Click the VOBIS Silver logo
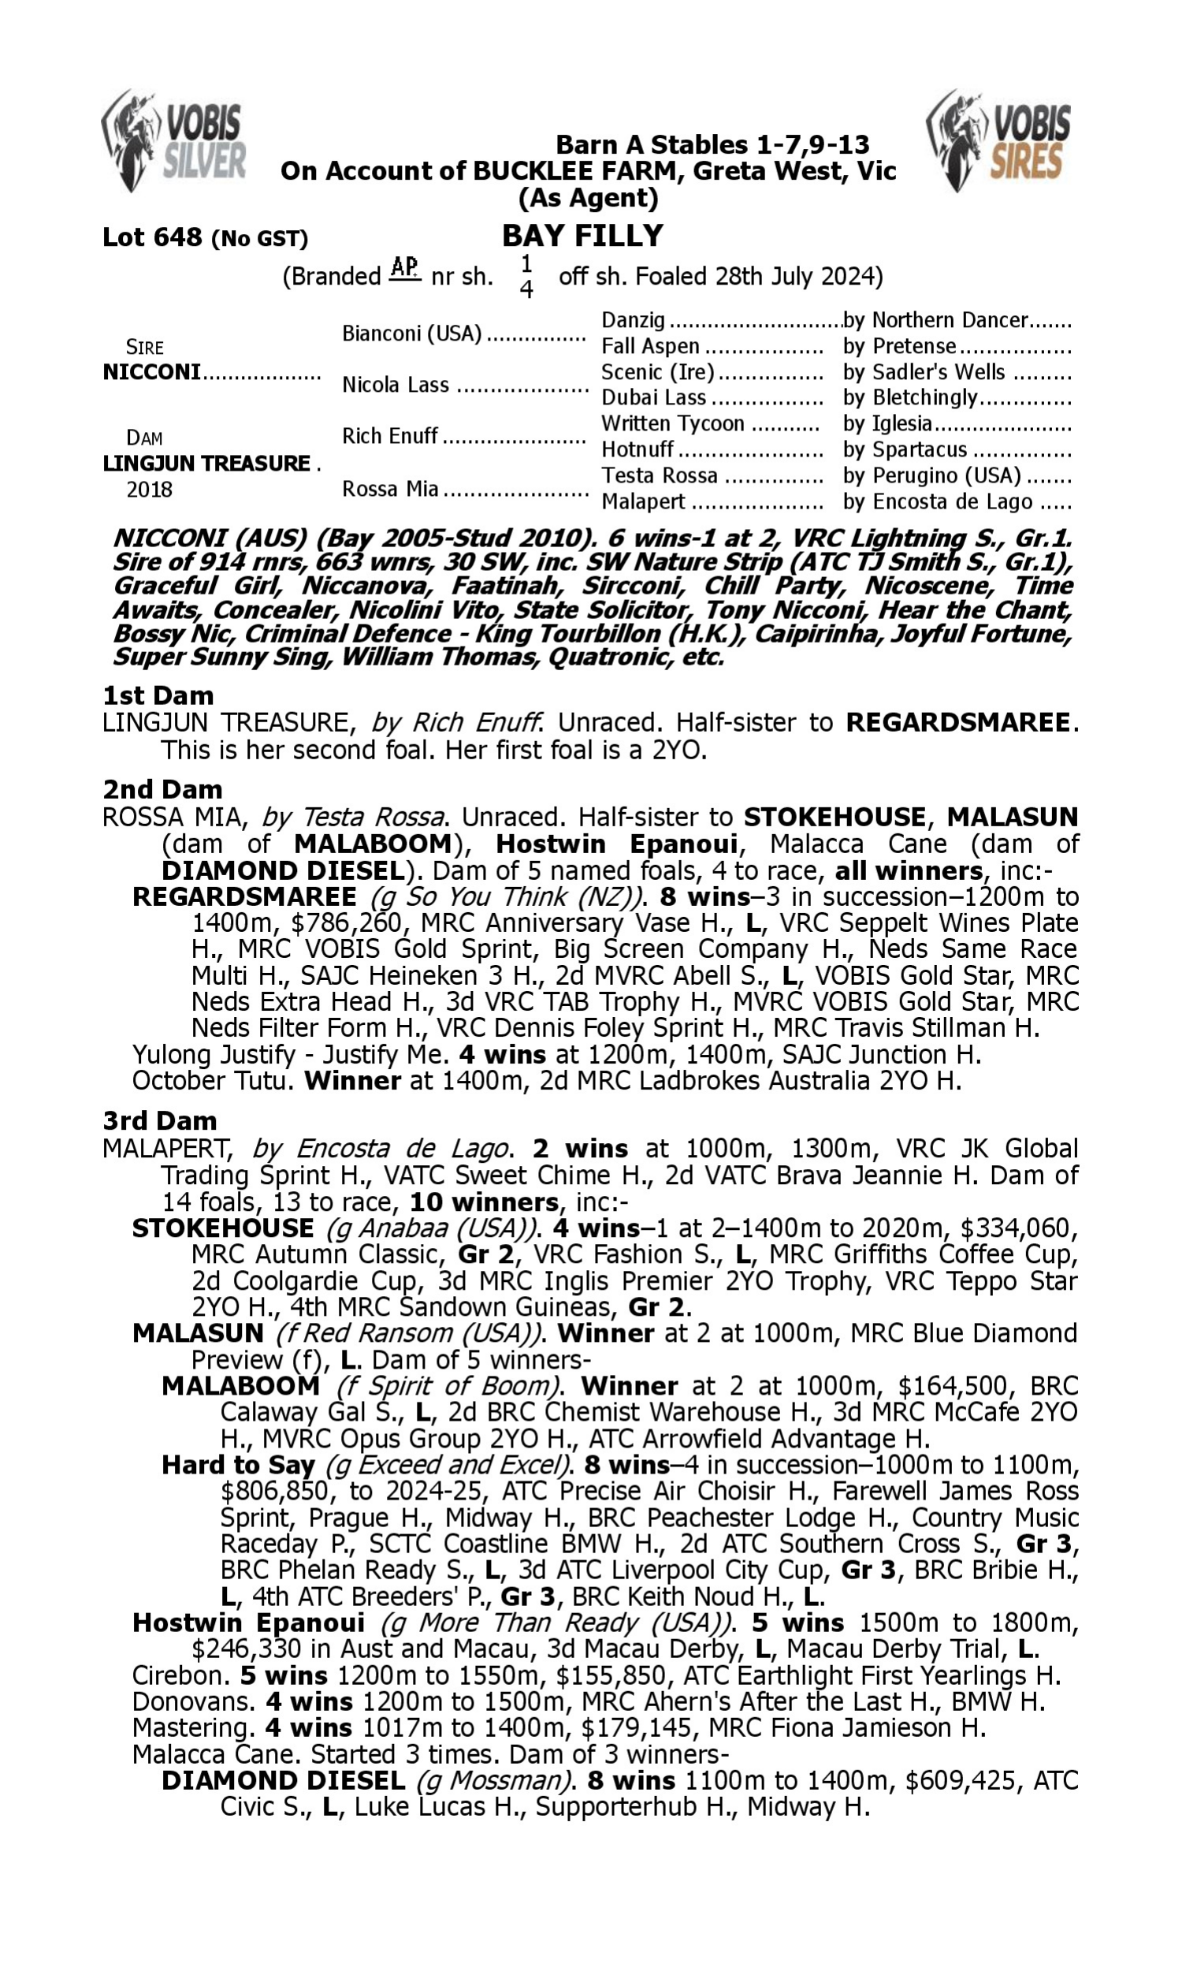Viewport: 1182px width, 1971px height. (173, 141)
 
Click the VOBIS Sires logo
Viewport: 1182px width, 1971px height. (998, 141)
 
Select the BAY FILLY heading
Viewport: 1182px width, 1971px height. (582, 236)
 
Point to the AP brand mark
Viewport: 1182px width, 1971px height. (404, 269)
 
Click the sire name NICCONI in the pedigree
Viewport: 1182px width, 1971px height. (151, 372)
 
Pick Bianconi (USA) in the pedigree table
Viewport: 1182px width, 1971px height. (412, 333)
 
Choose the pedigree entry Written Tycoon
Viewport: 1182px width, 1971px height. (672, 423)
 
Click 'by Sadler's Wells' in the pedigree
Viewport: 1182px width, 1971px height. (924, 372)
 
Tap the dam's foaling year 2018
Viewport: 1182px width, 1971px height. (149, 489)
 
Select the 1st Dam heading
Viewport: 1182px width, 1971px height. (158, 695)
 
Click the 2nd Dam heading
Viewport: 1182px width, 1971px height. (162, 789)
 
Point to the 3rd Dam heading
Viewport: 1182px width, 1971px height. (159, 1121)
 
